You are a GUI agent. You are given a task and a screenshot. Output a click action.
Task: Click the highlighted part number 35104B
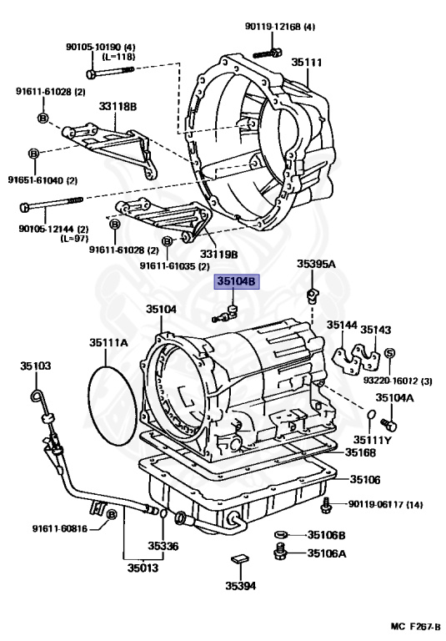click(x=238, y=281)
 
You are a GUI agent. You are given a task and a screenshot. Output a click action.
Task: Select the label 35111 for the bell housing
click(x=306, y=63)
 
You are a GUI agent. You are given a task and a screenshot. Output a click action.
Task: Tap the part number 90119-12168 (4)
click(x=280, y=27)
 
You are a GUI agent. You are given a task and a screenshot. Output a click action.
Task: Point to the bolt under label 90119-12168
click(x=268, y=53)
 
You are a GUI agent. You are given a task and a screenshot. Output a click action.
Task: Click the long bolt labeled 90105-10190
click(x=110, y=72)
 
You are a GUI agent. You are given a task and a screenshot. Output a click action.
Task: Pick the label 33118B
click(x=118, y=106)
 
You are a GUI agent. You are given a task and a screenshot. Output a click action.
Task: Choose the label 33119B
click(x=218, y=255)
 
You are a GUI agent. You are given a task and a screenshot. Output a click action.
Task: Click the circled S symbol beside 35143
click(x=389, y=353)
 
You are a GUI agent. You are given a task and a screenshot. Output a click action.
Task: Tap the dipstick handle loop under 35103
click(x=37, y=395)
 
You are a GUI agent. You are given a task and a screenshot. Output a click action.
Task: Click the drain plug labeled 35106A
click(x=280, y=551)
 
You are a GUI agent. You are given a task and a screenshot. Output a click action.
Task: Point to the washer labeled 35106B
click(x=280, y=535)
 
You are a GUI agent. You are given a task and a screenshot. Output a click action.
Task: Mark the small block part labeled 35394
click(x=240, y=558)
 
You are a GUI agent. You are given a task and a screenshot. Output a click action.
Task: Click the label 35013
click(x=143, y=568)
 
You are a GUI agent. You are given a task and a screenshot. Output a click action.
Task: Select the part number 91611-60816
click(x=60, y=528)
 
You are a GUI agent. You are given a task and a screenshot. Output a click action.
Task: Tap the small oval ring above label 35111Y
click(x=371, y=415)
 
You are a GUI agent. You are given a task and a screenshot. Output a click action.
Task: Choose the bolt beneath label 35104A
click(x=388, y=425)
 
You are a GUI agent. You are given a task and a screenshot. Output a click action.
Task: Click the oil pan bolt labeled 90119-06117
click(x=326, y=506)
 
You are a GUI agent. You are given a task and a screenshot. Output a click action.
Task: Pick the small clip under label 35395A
click(x=313, y=295)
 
